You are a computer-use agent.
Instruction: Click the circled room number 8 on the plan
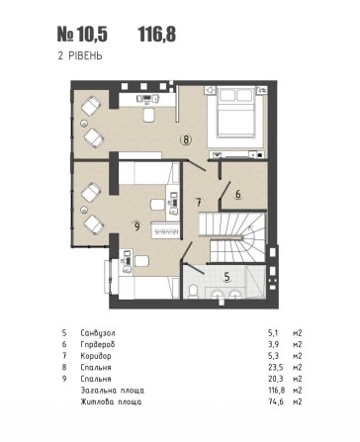186,139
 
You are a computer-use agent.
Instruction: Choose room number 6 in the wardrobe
237,196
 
